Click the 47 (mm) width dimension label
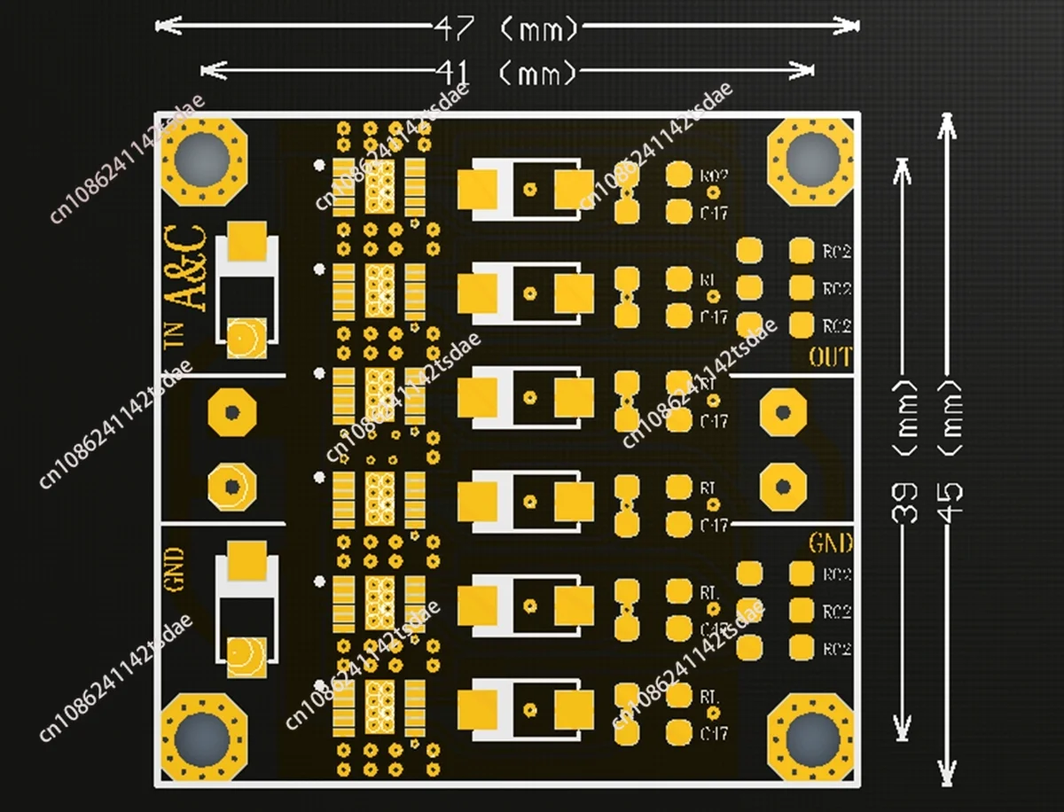(506, 28)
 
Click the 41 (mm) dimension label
(506, 71)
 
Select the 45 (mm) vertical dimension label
(950, 461)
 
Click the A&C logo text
(187, 268)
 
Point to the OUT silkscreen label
(830, 358)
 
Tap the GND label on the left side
(174, 568)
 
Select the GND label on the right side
(830, 542)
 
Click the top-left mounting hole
(202, 160)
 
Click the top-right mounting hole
(811, 160)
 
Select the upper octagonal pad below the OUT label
(781, 412)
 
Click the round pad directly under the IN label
(231, 412)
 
